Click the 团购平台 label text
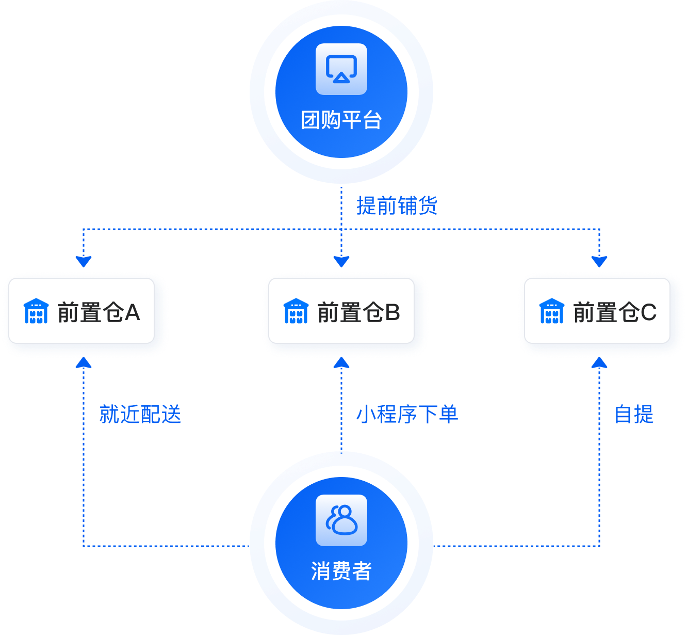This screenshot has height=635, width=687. click(x=341, y=120)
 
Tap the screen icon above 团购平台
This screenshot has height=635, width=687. click(x=341, y=69)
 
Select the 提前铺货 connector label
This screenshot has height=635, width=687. click(x=397, y=205)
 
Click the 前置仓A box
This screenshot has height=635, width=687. click(x=81, y=311)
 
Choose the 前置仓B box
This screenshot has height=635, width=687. click(x=341, y=311)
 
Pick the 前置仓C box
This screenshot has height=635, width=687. click(x=597, y=311)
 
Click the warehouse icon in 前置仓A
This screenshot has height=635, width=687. click(x=36, y=311)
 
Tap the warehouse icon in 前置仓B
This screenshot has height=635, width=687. click(x=296, y=311)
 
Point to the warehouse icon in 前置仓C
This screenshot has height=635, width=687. click(x=552, y=311)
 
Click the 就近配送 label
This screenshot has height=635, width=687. click(x=140, y=415)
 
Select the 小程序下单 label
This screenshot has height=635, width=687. click(x=407, y=415)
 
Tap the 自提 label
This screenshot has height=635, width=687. click(x=634, y=415)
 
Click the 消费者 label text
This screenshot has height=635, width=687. click(x=341, y=571)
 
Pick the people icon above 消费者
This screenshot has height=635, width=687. click(x=341, y=520)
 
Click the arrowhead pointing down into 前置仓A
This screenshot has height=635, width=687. click(x=84, y=261)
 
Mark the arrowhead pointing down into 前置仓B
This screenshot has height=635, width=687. click(x=341, y=261)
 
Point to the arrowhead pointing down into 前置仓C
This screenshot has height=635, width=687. click(x=599, y=261)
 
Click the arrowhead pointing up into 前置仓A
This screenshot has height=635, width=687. click(x=84, y=363)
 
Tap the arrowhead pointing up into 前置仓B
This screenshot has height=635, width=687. click(x=341, y=363)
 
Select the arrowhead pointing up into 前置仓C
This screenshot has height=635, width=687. click(x=599, y=363)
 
